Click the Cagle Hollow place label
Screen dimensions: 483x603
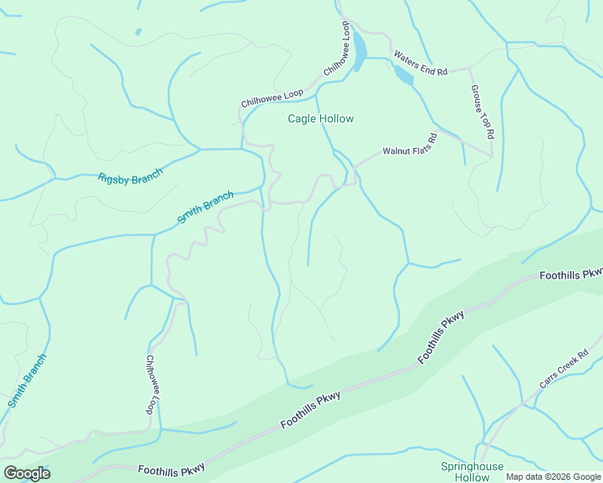pyautogui.click(x=321, y=118)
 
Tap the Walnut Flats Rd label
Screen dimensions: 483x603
pyautogui.click(x=410, y=144)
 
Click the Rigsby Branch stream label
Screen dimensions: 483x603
pyautogui.click(x=130, y=176)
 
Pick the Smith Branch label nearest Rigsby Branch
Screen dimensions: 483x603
pyautogui.click(x=206, y=207)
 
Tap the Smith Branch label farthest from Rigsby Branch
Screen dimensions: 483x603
pyautogui.click(x=27, y=381)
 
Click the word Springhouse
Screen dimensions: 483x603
pyautogui.click(x=472, y=467)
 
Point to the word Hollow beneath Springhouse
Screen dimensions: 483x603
pyautogui.click(x=472, y=477)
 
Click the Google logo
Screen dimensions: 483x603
pyautogui.click(x=27, y=473)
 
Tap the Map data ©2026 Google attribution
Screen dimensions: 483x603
pyautogui.click(x=552, y=477)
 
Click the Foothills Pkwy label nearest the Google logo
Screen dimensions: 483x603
pyautogui.click(x=171, y=469)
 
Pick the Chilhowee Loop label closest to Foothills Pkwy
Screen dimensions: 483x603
pyautogui.click(x=151, y=385)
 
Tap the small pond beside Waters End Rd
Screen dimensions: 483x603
pyautogui.click(x=402, y=76)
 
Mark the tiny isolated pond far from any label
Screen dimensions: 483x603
pyautogui.click(x=139, y=32)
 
